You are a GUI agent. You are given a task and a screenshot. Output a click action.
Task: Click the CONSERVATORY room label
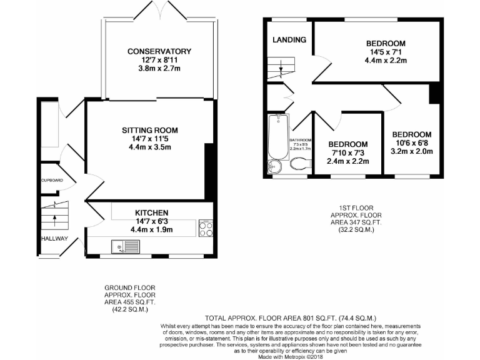tap(159, 51)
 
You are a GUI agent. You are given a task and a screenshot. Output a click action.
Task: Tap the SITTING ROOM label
tap(150, 130)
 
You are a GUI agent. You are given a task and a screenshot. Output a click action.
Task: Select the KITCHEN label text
tap(150, 212)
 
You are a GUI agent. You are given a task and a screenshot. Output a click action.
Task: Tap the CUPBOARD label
tap(52, 180)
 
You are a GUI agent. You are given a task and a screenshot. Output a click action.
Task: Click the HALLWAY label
tap(55, 239)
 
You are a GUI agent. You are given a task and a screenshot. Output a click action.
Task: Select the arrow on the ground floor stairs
tap(54, 219)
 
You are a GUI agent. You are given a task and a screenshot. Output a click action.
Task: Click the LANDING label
tap(289, 40)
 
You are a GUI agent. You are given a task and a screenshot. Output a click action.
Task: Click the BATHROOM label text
tap(301, 140)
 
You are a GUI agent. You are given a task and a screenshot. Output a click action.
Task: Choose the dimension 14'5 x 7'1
tap(386, 52)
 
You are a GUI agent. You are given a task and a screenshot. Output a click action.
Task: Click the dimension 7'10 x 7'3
tap(348, 152)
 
